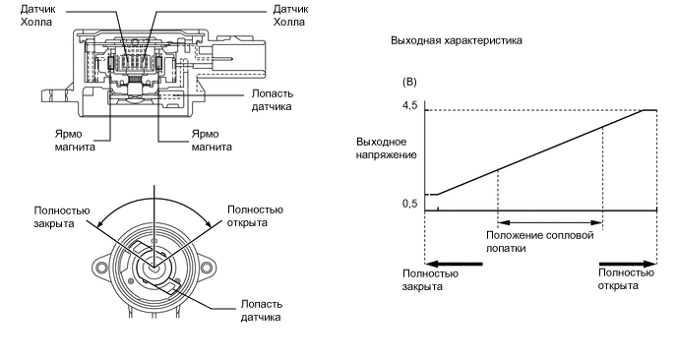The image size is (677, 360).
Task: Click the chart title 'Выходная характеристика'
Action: [x=457, y=40]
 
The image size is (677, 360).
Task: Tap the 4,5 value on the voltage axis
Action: [x=410, y=106]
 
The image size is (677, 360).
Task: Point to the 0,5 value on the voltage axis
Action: [x=410, y=204]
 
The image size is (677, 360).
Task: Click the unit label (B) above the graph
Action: [x=409, y=82]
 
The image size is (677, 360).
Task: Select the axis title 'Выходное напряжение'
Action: [x=387, y=149]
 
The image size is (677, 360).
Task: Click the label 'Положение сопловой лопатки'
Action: [x=539, y=242]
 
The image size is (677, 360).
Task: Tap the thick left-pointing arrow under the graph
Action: [x=454, y=263]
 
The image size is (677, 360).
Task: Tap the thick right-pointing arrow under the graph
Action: [x=628, y=264]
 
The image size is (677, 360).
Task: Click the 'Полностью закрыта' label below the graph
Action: [x=430, y=280]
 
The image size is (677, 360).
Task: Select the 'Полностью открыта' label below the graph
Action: [x=626, y=279]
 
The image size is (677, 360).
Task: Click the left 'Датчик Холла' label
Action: [x=38, y=15]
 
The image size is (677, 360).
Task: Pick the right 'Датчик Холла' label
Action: [x=290, y=15]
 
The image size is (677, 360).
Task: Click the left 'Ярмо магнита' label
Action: [x=75, y=141]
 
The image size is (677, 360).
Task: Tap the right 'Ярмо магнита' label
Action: [x=212, y=141]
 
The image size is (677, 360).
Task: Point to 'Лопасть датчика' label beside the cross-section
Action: [x=272, y=100]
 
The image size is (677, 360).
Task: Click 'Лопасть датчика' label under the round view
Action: [x=261, y=311]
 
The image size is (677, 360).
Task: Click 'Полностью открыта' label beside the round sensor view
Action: [x=255, y=216]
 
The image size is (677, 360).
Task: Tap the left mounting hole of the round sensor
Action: [x=101, y=269]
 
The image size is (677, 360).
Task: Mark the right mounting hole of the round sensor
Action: [x=207, y=269]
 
